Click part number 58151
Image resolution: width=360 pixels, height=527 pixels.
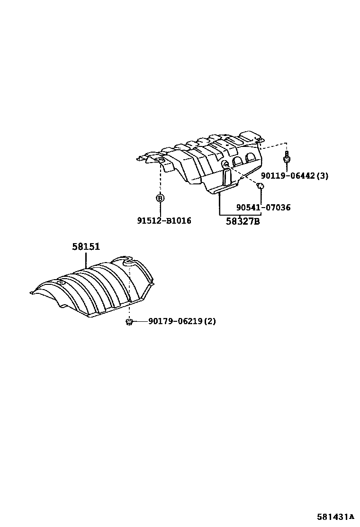pyautogui.click(x=86, y=246)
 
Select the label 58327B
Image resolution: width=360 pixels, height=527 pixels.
pyautogui.click(x=239, y=221)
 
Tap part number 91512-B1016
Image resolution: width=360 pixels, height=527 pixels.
pyautogui.click(x=164, y=221)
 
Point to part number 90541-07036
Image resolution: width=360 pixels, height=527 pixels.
pyautogui.click(x=263, y=208)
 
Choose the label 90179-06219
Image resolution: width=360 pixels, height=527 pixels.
pyautogui.click(x=175, y=321)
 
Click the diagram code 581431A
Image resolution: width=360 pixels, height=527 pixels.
pyautogui.click(x=335, y=516)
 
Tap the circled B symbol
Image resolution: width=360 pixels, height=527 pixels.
pyautogui.click(x=160, y=198)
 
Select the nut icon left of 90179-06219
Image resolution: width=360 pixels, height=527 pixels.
pyautogui.click(x=129, y=322)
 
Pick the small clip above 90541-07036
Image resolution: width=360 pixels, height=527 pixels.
pyautogui.click(x=260, y=185)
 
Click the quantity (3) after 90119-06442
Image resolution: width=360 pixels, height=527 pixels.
pyautogui.click(x=323, y=176)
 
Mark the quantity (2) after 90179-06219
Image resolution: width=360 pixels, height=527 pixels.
pyautogui.click(x=210, y=321)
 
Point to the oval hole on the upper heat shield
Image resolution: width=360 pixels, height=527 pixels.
pyautogui.click(x=225, y=164)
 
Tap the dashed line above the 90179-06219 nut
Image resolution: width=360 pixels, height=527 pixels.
pyautogui.click(x=129, y=294)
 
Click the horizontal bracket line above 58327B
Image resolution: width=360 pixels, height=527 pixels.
pyautogui.click(x=239, y=214)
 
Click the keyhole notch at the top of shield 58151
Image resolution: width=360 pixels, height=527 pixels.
pyautogui.click(x=127, y=260)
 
